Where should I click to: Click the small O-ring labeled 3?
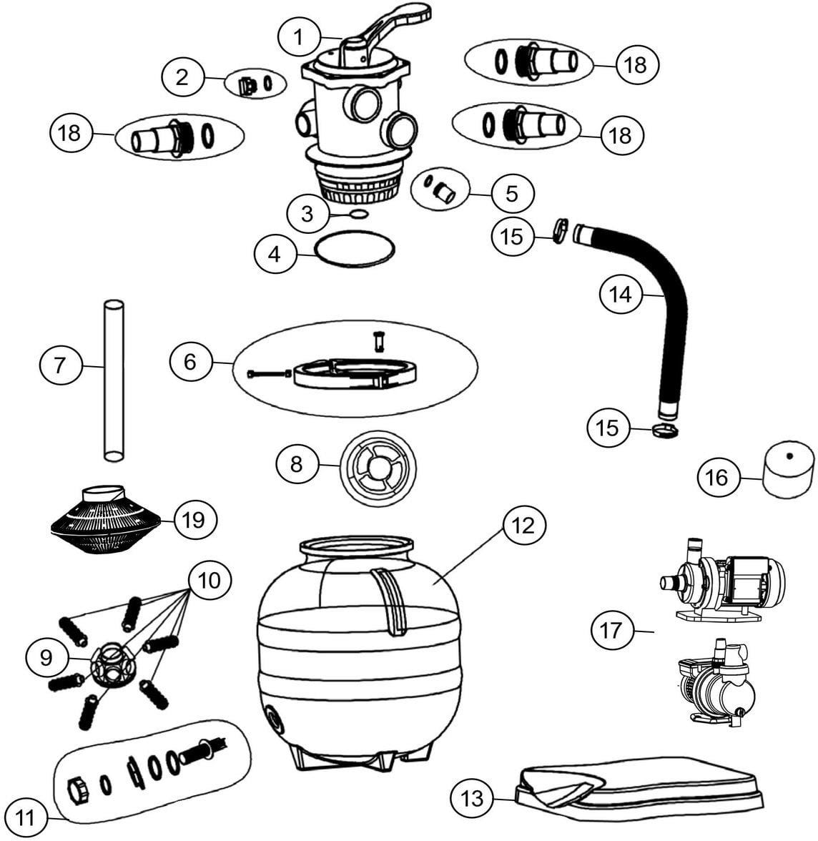click(x=359, y=214)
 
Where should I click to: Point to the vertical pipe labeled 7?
click(x=113, y=383)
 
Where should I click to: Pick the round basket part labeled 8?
click(x=375, y=465)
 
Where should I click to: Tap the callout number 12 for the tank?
click(x=524, y=526)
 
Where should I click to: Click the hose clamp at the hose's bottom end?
click(x=665, y=429)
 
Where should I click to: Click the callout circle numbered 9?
click(x=46, y=656)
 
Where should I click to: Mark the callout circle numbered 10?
click(x=210, y=581)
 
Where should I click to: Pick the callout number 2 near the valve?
click(x=182, y=77)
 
